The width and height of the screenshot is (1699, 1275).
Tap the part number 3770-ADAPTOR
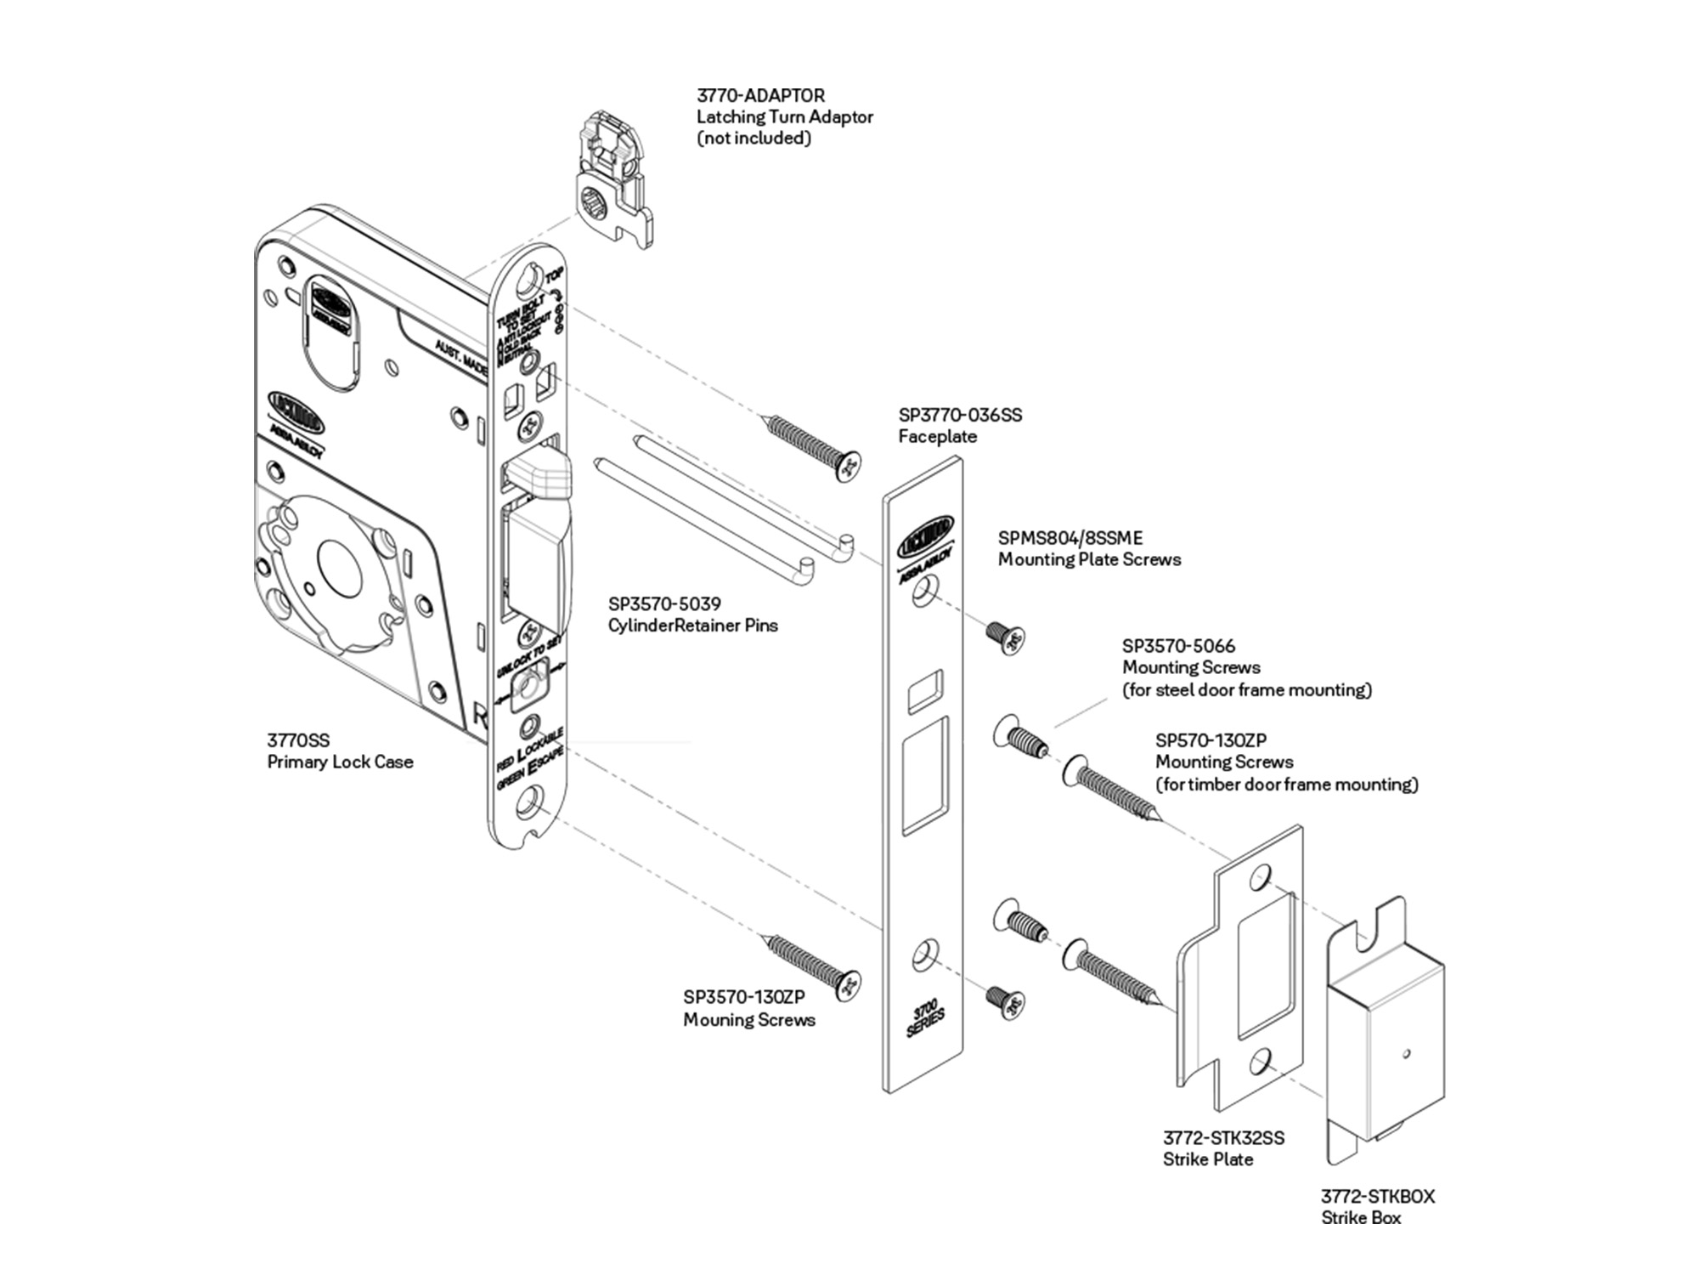click(760, 96)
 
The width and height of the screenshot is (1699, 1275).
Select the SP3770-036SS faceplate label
click(960, 416)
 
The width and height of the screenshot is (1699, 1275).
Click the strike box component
click(1385, 1037)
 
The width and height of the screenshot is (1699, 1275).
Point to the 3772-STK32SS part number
click(1223, 1138)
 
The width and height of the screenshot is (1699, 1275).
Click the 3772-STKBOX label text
click(1377, 1197)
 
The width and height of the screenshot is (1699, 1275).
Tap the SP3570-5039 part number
click(664, 604)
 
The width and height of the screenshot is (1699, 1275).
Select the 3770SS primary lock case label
click(298, 740)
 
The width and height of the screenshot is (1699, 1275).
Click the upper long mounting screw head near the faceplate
click(848, 465)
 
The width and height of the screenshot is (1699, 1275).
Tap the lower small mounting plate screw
click(1008, 1003)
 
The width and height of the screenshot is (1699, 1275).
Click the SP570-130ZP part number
click(1211, 740)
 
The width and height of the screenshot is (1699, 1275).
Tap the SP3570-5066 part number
click(1178, 646)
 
